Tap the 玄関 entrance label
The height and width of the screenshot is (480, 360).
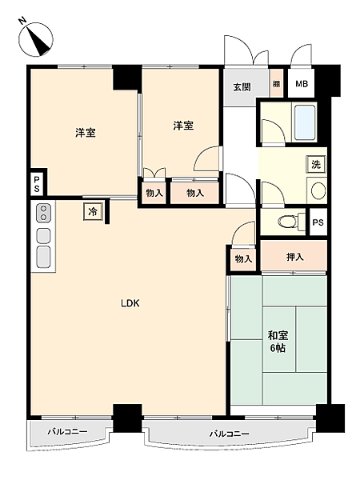click(242, 86)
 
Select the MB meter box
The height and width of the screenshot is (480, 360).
click(302, 84)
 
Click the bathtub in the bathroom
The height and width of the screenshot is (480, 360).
click(305, 122)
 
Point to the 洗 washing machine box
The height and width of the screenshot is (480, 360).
click(316, 164)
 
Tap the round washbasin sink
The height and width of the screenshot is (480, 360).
click(317, 190)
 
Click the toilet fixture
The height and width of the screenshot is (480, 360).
click(284, 222)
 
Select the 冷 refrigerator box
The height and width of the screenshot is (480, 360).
click(93, 212)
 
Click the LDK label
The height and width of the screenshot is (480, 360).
click(130, 303)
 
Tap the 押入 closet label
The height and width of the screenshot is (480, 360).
click(294, 257)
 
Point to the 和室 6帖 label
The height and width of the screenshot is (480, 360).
click(278, 342)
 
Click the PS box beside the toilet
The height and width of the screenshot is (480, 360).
click(318, 222)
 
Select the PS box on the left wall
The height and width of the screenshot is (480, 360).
click(37, 183)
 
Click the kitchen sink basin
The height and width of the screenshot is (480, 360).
click(43, 255)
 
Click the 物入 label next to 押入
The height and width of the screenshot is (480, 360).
click(244, 258)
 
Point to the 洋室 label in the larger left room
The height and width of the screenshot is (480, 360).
click(86, 133)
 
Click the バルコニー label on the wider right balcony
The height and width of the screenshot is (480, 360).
click(230, 434)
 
